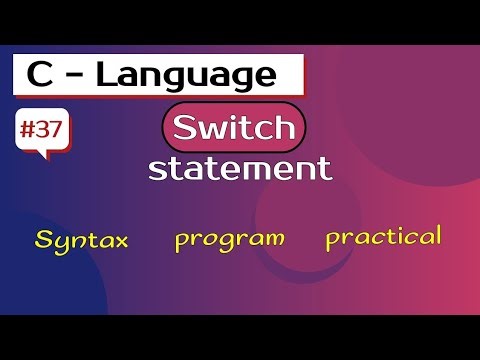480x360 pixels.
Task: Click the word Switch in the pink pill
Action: (x=232, y=128)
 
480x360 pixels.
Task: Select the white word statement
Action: (x=240, y=167)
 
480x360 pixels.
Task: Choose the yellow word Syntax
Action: (x=82, y=241)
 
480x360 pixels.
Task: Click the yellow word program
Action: (x=230, y=239)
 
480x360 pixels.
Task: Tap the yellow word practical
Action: (x=383, y=238)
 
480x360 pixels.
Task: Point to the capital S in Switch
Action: (x=184, y=128)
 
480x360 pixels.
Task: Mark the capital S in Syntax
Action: (x=44, y=239)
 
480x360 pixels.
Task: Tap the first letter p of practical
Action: (x=332, y=241)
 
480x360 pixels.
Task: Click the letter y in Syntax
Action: (x=61, y=245)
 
